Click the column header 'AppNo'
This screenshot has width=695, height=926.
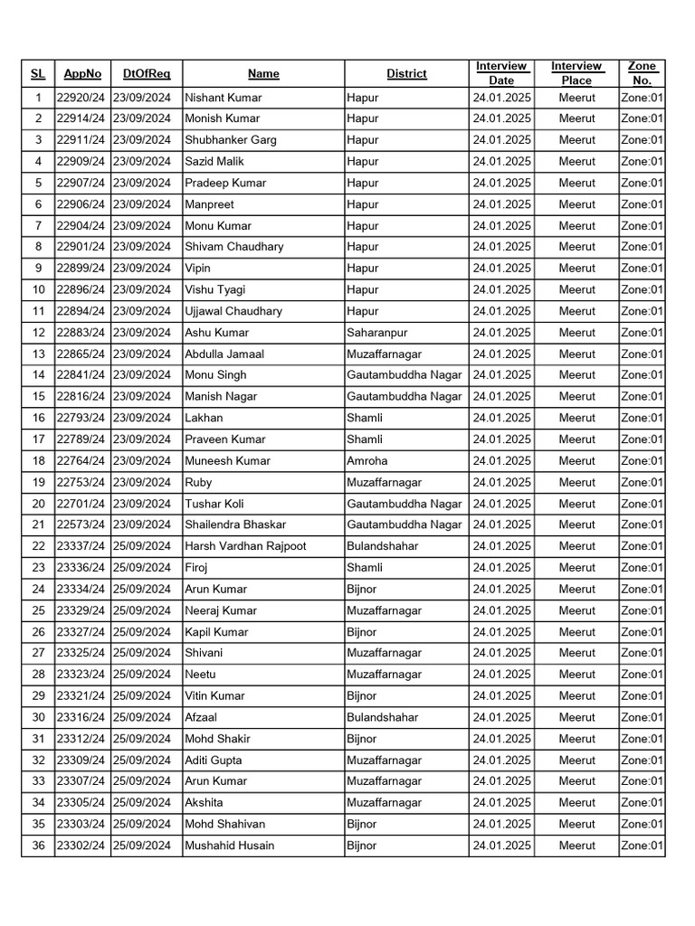(82, 73)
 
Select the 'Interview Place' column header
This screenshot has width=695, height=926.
(576, 73)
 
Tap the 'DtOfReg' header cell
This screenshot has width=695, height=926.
(146, 73)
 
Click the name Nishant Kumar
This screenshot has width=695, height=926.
(223, 97)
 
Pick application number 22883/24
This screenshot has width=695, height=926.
(81, 333)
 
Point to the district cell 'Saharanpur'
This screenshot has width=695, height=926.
(376, 333)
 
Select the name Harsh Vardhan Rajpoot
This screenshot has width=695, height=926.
(245, 546)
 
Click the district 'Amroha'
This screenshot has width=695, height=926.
(367, 461)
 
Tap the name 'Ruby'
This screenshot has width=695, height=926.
(198, 483)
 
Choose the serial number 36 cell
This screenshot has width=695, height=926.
(38, 846)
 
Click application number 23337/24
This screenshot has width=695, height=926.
(81, 546)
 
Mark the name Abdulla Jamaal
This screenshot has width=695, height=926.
(224, 354)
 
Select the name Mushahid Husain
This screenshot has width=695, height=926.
(229, 846)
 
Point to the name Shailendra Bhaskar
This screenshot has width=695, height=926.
(235, 524)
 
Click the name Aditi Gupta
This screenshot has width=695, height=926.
(214, 761)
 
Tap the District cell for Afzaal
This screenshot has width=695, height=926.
(382, 717)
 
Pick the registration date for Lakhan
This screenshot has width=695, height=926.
(146, 418)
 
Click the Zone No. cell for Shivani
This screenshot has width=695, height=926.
(642, 653)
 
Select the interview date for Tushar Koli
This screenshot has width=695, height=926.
(501, 504)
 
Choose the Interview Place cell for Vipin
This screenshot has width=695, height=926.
(576, 269)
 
